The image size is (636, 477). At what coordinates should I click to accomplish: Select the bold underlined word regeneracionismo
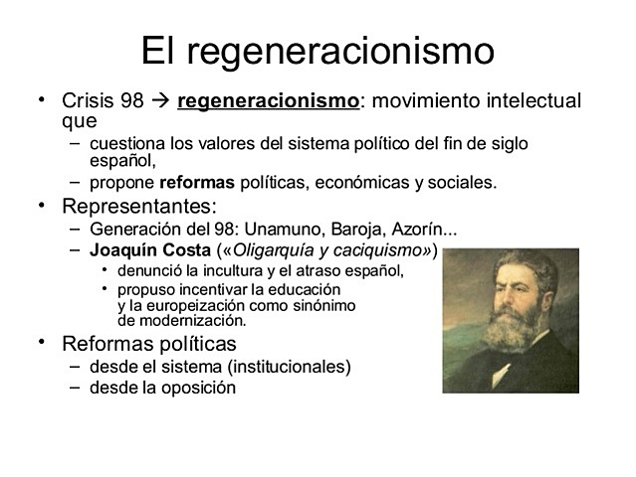click(x=267, y=101)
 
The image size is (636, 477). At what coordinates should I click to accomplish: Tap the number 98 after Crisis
click(x=132, y=101)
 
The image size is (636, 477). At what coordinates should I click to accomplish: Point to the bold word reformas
click(x=197, y=183)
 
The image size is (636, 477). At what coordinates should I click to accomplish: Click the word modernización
click(x=191, y=320)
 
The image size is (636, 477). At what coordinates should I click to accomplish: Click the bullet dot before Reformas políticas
click(x=42, y=343)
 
